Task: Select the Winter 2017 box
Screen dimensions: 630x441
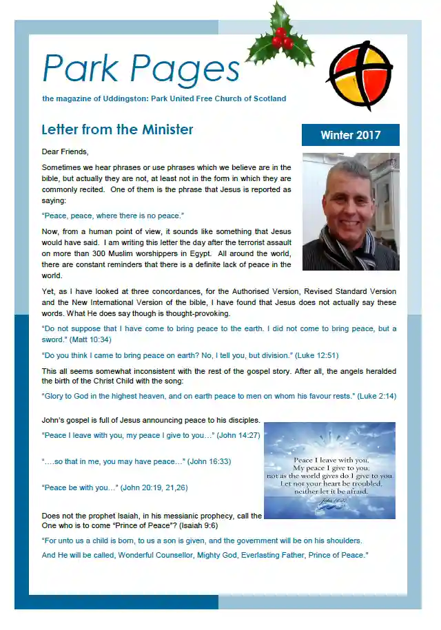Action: tap(350, 135)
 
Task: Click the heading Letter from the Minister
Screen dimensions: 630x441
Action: tap(117, 130)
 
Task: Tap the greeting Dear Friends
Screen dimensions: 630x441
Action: tap(65, 151)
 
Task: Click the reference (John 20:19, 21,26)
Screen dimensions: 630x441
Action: tap(154, 487)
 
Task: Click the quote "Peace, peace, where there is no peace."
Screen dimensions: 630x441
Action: tap(113, 216)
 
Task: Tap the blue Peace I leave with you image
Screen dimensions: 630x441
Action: tap(329, 470)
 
